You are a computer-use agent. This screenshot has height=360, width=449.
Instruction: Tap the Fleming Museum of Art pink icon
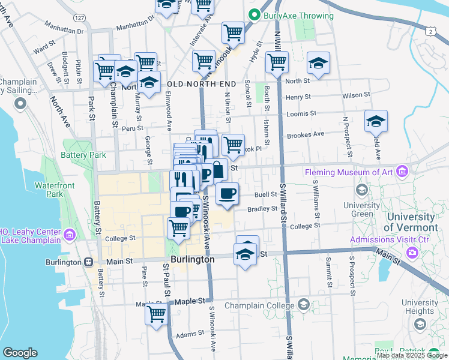pos(402,173)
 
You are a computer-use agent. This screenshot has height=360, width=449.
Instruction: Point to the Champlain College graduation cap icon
pos(303,305)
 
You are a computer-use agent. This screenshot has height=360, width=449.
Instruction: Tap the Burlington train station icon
pos(88,262)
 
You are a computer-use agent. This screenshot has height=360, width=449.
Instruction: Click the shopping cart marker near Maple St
pos(157,313)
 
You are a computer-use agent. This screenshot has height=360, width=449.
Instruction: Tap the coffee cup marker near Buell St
pos(228,193)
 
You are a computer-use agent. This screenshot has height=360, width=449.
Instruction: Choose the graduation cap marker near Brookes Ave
pos(376,121)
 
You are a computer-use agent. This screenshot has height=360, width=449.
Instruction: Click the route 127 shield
pos(80,17)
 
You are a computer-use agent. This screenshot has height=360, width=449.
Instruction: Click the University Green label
pos(362,209)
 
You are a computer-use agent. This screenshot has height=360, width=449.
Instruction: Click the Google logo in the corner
pos(20,353)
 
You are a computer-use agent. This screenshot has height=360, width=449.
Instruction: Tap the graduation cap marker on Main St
pos(245,254)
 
